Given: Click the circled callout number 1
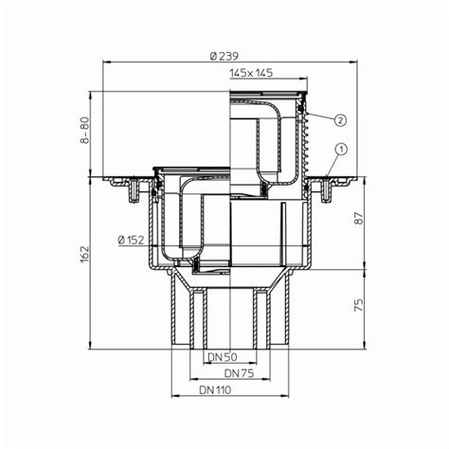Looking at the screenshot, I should point(340,149).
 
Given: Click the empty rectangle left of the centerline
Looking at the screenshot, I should point(161,133).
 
